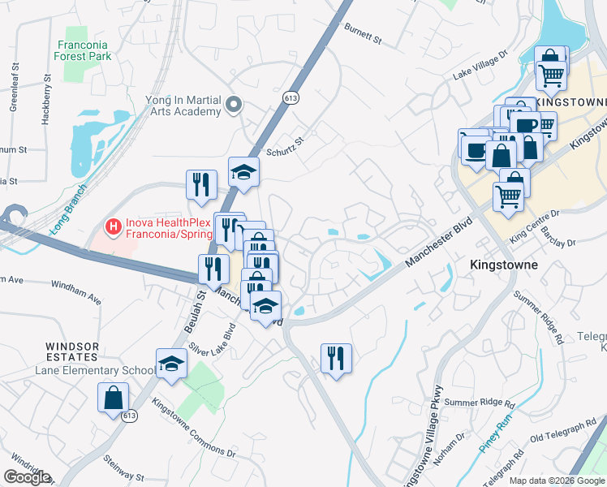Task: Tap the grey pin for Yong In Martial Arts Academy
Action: [x=235, y=104]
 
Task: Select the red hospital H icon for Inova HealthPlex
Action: [x=114, y=224]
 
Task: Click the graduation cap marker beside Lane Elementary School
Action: [x=171, y=364]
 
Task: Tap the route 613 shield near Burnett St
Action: [x=290, y=97]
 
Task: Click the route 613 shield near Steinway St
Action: [x=129, y=415]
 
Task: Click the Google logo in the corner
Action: [x=26, y=477]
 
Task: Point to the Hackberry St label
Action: [x=46, y=101]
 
